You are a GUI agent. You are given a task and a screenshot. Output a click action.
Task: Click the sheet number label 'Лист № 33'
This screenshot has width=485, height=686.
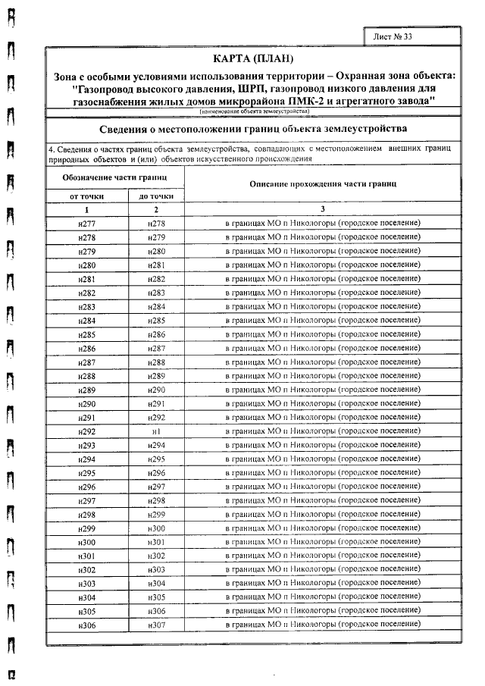(394, 36)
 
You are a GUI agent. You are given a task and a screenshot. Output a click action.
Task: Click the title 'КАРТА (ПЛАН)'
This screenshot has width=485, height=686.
(253, 60)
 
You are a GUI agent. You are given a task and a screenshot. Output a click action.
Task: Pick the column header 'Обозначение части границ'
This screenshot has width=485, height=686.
(114, 177)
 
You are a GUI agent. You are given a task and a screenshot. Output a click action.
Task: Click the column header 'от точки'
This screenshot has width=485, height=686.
(86, 196)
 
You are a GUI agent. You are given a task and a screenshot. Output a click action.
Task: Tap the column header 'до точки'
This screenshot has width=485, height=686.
(156, 196)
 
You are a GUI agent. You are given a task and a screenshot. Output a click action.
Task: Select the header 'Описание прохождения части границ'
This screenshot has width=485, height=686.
(322, 184)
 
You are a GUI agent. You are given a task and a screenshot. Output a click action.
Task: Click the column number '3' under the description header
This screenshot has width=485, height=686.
(322, 209)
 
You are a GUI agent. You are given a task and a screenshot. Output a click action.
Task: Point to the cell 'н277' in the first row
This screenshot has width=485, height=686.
(86, 223)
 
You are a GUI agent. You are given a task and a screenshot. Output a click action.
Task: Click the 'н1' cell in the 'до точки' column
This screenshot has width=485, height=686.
(156, 431)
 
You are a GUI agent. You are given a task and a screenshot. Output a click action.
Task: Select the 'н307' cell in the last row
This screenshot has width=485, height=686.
(156, 625)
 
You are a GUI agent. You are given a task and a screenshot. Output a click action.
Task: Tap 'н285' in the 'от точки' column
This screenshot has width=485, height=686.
(86, 334)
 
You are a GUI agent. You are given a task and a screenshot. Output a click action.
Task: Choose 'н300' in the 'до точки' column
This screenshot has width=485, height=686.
(156, 528)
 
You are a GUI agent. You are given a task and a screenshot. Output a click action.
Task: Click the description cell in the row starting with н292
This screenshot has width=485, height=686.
(322, 431)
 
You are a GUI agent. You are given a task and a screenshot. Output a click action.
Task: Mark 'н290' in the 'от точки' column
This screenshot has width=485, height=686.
(86, 403)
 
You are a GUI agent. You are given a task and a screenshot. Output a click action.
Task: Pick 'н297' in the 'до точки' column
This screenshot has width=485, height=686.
(156, 486)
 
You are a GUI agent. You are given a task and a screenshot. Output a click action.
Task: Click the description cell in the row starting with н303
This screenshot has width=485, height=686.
(322, 583)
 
